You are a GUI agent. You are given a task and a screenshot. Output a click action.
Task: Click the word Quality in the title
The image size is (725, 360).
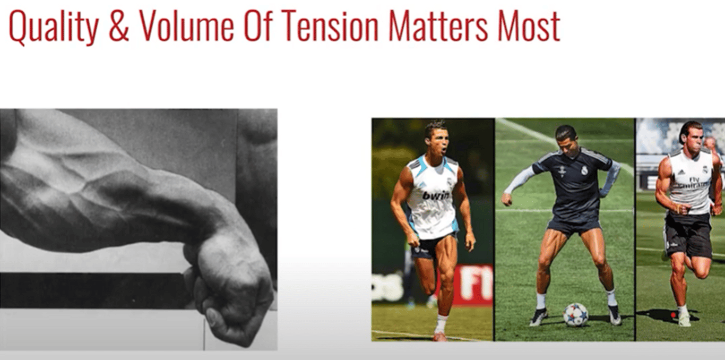click(54, 27)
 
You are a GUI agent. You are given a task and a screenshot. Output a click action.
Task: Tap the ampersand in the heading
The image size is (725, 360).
click(119, 26)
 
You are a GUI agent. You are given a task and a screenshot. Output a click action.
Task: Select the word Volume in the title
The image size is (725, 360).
click(186, 26)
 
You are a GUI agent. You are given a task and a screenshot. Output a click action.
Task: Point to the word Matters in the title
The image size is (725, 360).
click(437, 26)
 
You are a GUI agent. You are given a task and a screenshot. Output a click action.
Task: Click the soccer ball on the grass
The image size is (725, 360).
click(575, 315)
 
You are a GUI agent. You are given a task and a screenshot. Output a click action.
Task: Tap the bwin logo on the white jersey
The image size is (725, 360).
click(436, 195)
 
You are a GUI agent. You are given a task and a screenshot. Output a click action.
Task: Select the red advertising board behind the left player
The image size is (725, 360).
click(473, 285)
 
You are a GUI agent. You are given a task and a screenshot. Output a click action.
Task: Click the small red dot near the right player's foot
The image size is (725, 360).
click(673, 315)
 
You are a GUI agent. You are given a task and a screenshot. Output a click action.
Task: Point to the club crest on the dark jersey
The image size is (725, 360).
click(584, 170)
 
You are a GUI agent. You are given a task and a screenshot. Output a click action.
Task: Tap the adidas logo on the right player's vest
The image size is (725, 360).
click(680, 172)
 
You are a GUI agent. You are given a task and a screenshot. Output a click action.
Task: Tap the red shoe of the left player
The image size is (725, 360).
click(439, 337)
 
